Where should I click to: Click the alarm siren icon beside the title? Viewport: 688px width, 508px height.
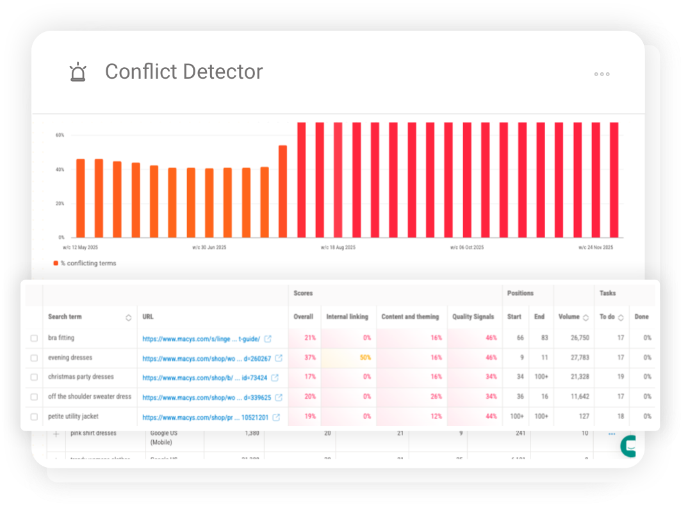[x=78, y=72]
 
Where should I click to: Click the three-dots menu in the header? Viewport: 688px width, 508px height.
[x=602, y=74]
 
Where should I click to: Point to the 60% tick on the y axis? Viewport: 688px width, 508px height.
[x=60, y=136]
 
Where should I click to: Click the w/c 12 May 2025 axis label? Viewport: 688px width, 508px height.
[x=80, y=247]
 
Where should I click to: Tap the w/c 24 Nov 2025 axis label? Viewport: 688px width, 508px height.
[x=596, y=247]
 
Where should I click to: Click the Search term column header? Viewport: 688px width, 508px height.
[x=65, y=317]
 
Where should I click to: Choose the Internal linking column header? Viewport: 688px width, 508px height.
[x=347, y=317]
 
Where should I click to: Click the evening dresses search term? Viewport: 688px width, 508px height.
[x=70, y=358]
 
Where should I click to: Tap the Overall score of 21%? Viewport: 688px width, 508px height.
[x=310, y=338]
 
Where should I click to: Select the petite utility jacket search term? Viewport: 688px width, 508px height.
[x=73, y=417]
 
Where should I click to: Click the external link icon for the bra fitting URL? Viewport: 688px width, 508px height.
[x=268, y=338]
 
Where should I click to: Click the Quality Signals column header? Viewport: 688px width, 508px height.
[x=473, y=317]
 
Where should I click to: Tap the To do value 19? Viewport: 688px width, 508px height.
[x=620, y=377]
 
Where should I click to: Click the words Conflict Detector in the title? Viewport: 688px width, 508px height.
[x=184, y=72]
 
